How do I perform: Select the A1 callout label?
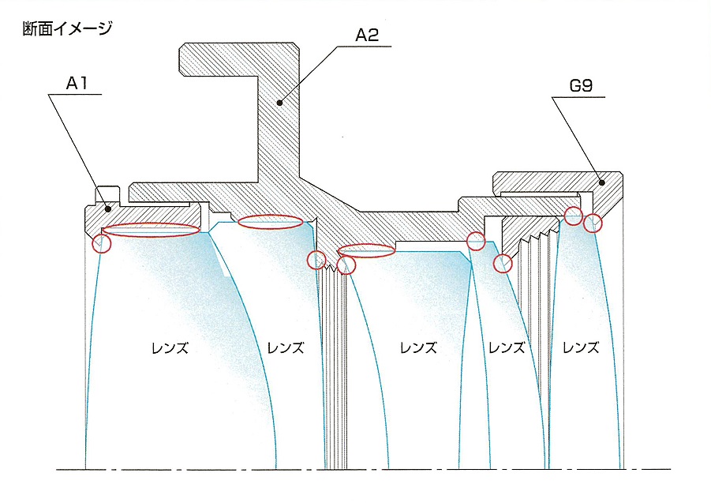click(x=75, y=82)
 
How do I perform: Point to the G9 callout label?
click(x=582, y=85)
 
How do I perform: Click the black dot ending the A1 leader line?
click(x=108, y=208)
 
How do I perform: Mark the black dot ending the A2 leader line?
click(x=279, y=102)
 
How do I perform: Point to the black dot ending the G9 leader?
click(x=601, y=182)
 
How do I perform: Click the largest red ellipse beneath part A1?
click(x=152, y=230)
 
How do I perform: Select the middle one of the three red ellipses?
click(x=270, y=222)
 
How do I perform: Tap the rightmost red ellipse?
click(x=366, y=250)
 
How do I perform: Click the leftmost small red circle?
click(x=102, y=243)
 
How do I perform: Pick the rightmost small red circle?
click(x=592, y=223)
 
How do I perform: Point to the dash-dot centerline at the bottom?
click(x=363, y=470)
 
